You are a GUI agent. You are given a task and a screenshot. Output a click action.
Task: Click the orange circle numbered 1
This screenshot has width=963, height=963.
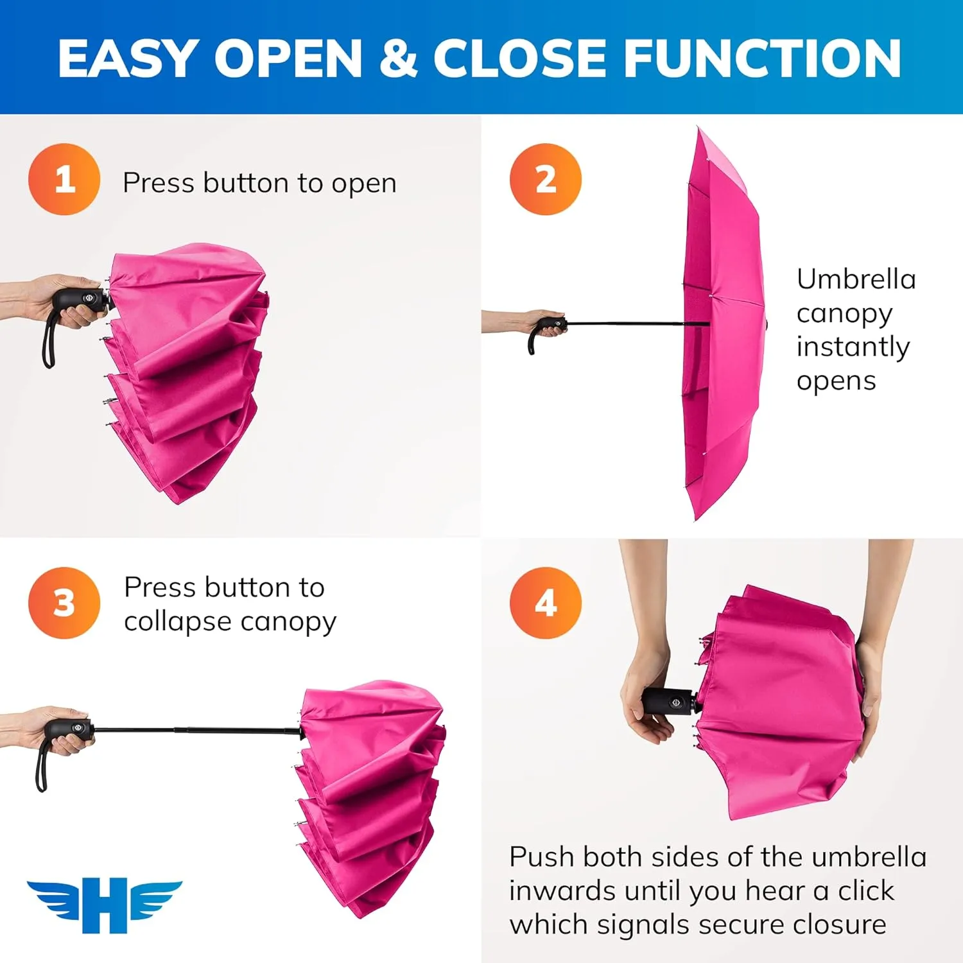pyautogui.click(x=64, y=179)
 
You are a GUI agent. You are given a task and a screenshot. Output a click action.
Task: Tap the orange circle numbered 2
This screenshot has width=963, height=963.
pyautogui.click(x=545, y=179)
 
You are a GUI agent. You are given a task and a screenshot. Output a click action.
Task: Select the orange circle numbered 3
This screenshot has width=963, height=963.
pyautogui.click(x=64, y=603)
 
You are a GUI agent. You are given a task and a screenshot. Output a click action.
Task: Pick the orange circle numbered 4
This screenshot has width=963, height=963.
pyautogui.click(x=545, y=603)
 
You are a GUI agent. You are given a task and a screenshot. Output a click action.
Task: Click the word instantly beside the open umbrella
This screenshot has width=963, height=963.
pyautogui.click(x=853, y=347)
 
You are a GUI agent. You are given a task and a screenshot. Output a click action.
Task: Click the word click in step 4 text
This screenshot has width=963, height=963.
pyautogui.click(x=865, y=891)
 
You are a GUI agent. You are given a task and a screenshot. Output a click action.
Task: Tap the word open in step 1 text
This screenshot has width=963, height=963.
pyautogui.click(x=364, y=184)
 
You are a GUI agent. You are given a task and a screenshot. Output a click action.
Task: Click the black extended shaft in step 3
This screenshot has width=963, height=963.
pyautogui.click(x=193, y=730)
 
